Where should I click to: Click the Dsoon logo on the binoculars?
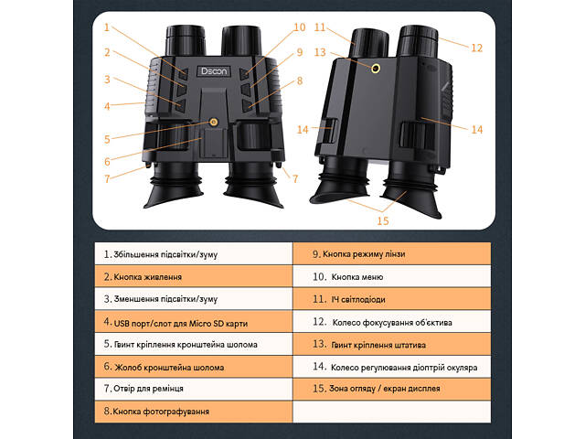(x=213, y=71)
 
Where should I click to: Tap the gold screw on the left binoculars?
(x=214, y=122)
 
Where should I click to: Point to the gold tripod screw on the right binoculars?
(x=376, y=69)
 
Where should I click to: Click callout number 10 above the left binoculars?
(x=300, y=27)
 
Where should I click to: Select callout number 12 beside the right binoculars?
(x=477, y=48)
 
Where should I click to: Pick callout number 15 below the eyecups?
(x=383, y=221)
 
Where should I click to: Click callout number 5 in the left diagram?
(x=108, y=139)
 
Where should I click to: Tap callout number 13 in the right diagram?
(x=320, y=52)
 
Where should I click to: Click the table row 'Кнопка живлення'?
(x=193, y=276)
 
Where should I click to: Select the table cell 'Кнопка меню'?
(x=392, y=276)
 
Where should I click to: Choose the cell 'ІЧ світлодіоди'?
(x=392, y=299)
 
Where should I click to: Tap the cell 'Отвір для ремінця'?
(x=193, y=389)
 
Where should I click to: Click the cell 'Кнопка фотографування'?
(x=193, y=412)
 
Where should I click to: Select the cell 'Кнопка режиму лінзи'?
(x=392, y=253)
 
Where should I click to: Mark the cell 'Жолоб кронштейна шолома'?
(x=193, y=367)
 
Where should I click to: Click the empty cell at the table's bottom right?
(x=392, y=412)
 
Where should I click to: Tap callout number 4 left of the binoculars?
(x=108, y=106)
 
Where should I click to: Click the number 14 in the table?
(x=320, y=367)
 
